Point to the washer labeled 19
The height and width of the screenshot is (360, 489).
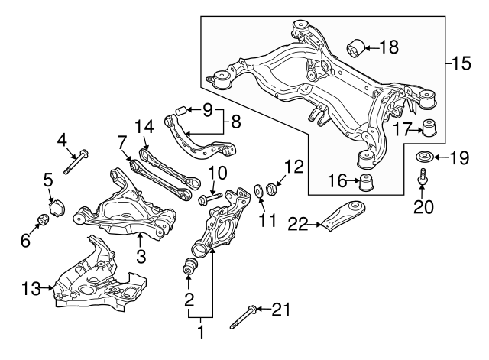pyautogui.click(x=423, y=158)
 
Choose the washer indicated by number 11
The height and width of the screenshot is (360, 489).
pyautogui.click(x=259, y=190)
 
